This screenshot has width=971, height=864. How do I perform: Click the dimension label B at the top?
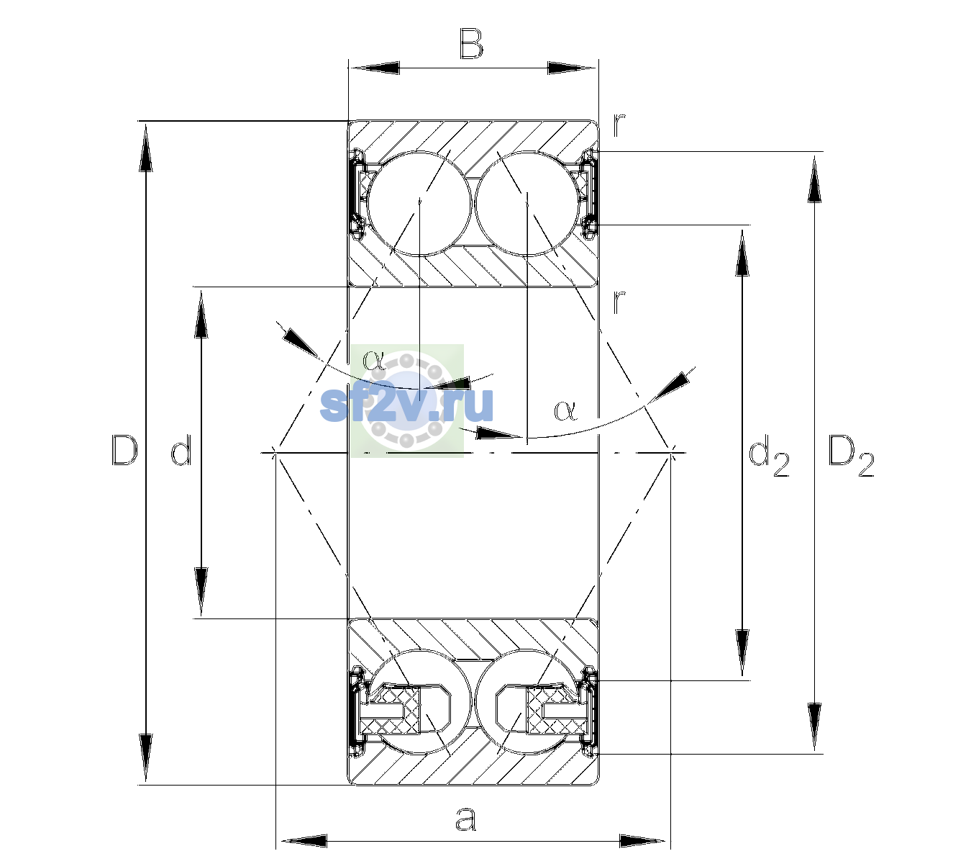pos(471,44)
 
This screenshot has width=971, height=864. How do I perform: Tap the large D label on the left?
pos(124,450)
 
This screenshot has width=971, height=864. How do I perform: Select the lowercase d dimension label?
pos(181,450)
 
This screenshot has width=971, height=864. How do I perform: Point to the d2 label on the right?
pos(768,455)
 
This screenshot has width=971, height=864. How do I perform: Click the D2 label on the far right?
pos(851,456)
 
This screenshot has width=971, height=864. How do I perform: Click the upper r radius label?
pos(619,126)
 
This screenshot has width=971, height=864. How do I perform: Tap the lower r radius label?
pos(619,302)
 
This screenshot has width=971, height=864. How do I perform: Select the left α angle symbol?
pos(374,359)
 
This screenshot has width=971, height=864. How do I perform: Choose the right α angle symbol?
pos(566,410)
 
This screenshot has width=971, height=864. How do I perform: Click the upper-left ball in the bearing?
pos(419,204)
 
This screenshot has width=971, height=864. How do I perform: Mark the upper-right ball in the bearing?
pos(526,204)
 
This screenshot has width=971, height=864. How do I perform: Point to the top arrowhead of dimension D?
pos(146,146)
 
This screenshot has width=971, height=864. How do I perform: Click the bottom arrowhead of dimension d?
pos(201,592)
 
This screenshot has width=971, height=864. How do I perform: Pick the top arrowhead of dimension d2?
pos(742,252)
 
